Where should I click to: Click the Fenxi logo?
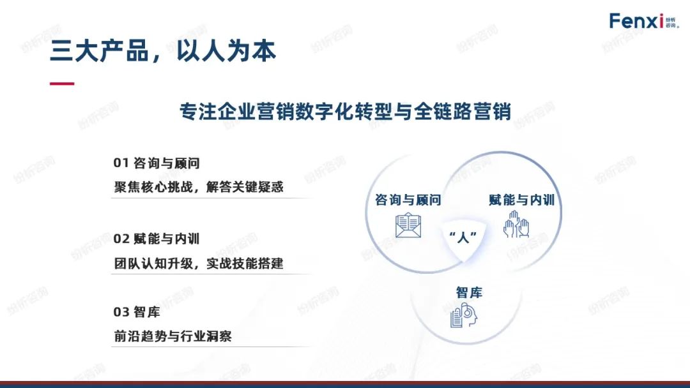[644, 20]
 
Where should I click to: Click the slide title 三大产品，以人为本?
[163, 51]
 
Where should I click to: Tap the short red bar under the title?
[62, 84]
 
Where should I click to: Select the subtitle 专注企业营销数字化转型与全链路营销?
[345, 111]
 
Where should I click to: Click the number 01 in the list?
[121, 163]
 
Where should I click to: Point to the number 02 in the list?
[121, 239]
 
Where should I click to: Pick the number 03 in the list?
[121, 312]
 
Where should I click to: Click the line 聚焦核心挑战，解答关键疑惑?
[199, 187]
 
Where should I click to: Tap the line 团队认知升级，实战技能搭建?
[199, 263]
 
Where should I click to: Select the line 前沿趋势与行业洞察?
[173, 336]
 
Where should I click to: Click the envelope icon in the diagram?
[408, 225]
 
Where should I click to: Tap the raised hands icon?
[516, 224]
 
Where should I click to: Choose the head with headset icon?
[464, 315]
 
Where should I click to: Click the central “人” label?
[463, 237]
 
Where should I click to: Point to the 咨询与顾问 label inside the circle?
[408, 200]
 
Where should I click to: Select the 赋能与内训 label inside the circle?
[521, 200]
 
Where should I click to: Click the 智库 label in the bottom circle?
[469, 292]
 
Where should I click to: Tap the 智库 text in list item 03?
[147, 312]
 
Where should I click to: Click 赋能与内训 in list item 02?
[167, 239]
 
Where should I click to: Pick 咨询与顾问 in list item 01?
[167, 163]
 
